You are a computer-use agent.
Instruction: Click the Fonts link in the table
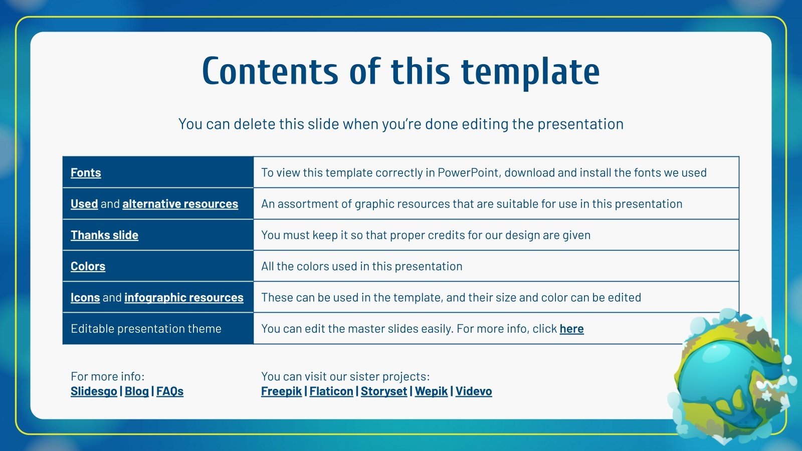[x=86, y=172]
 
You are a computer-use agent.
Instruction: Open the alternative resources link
[x=180, y=203]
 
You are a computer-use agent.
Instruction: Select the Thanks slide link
[x=104, y=235]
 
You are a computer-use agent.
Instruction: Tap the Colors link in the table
[x=88, y=266]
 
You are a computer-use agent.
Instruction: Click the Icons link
[x=85, y=297]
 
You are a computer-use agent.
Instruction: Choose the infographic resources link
[x=183, y=297]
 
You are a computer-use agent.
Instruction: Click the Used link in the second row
[x=84, y=203]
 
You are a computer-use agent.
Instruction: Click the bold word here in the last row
[x=571, y=329]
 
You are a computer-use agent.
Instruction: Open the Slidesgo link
[x=93, y=391]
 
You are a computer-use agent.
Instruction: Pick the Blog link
[x=136, y=391]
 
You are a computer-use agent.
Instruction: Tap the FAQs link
[x=170, y=391]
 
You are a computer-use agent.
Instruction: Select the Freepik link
[x=281, y=391]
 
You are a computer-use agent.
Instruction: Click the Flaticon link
[x=331, y=391]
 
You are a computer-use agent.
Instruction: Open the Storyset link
[x=384, y=391]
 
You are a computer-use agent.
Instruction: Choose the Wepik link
[x=431, y=391]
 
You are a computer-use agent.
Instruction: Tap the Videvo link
[x=473, y=391]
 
